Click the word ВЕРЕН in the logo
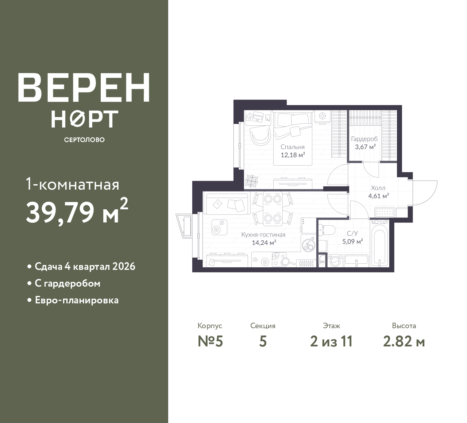(84, 88)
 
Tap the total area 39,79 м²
(77, 212)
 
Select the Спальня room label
(292, 147)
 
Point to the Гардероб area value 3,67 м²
(365, 147)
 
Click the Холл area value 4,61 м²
(378, 196)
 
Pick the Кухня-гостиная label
(263, 234)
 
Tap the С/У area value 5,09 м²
(352, 241)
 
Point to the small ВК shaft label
(322, 262)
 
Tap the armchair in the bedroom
(260, 135)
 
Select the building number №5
(210, 341)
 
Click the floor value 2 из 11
(331, 341)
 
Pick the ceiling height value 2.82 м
(404, 342)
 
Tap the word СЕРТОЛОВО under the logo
(84, 140)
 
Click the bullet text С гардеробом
(67, 283)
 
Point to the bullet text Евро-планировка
(77, 300)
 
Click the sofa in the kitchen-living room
(227, 204)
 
